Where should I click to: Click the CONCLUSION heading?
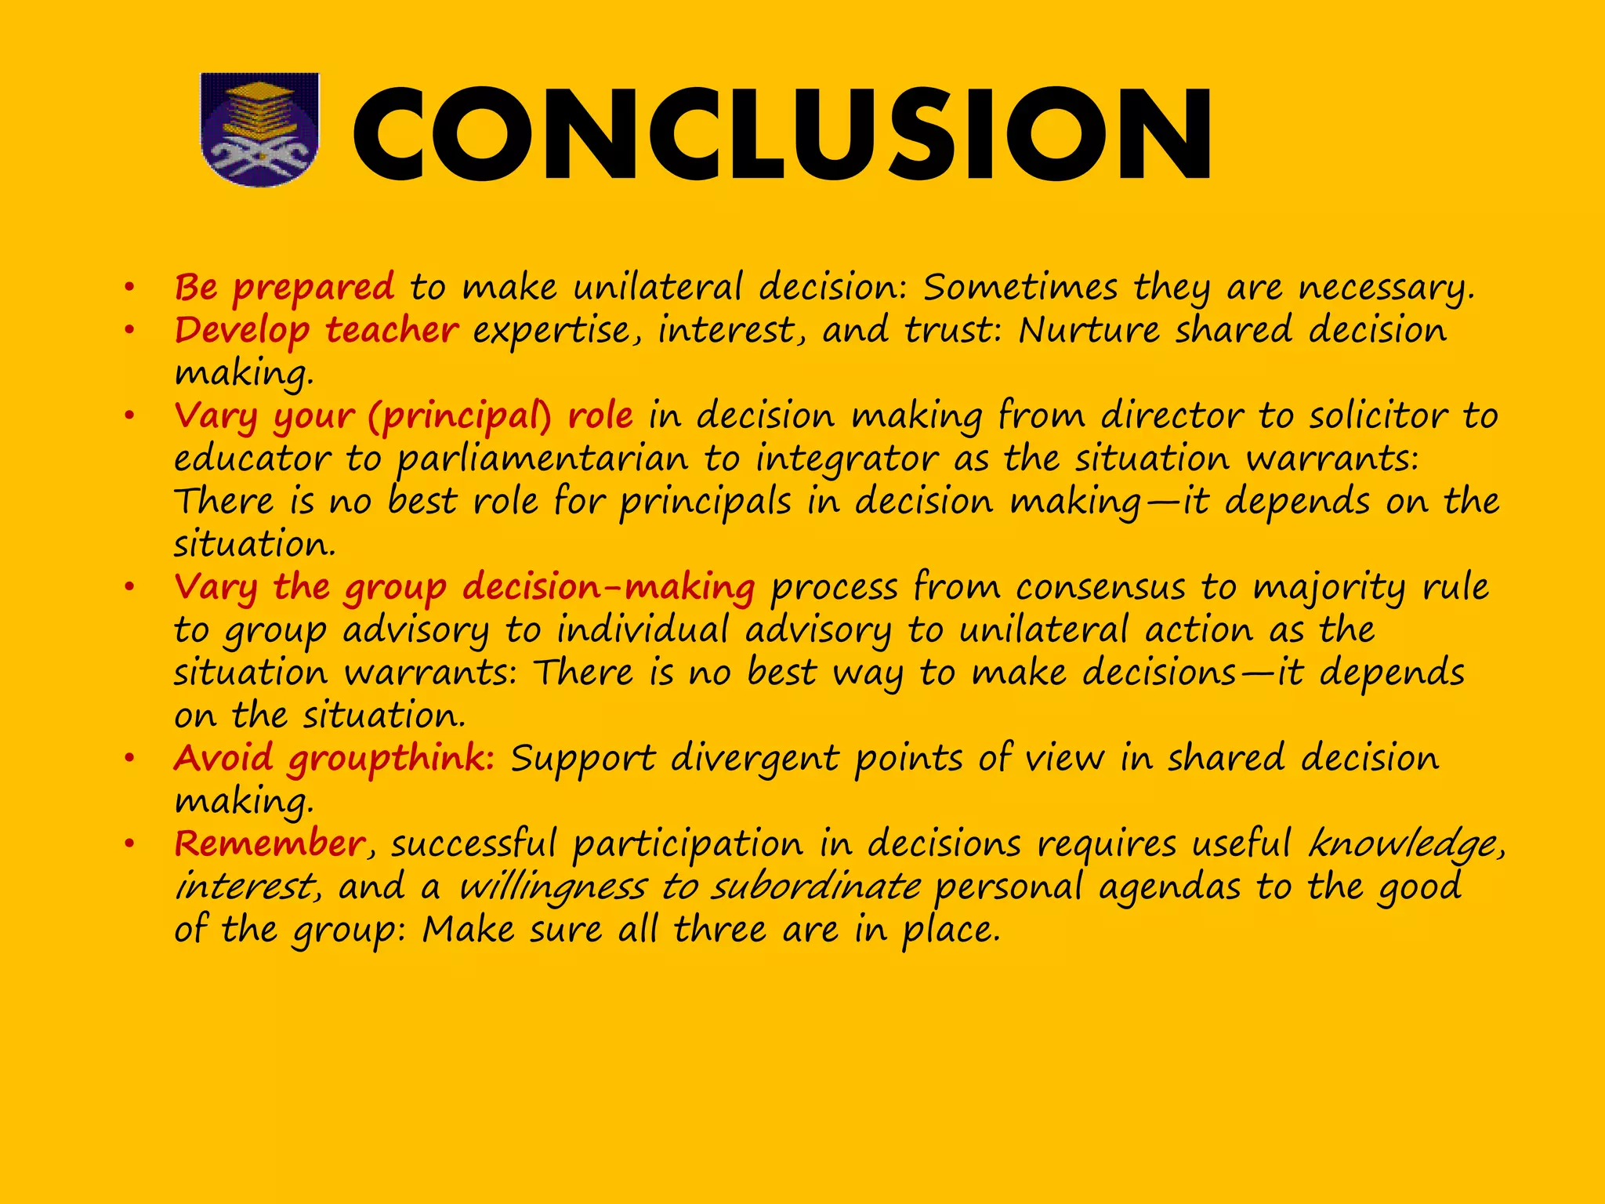pos(782,135)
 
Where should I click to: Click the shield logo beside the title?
pos(260,129)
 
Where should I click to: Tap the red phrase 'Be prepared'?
pos(284,288)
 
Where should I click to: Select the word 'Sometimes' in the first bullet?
pos(1020,288)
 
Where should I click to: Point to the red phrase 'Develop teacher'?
pos(316,330)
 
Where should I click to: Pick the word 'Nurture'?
pos(1089,330)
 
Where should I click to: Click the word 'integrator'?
pos(846,459)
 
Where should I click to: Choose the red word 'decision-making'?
pos(608,588)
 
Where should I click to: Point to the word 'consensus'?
pos(1100,588)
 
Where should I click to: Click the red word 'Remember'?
pos(269,844)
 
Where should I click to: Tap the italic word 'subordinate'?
pos(815,887)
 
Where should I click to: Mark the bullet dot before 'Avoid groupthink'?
pos(129,759)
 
